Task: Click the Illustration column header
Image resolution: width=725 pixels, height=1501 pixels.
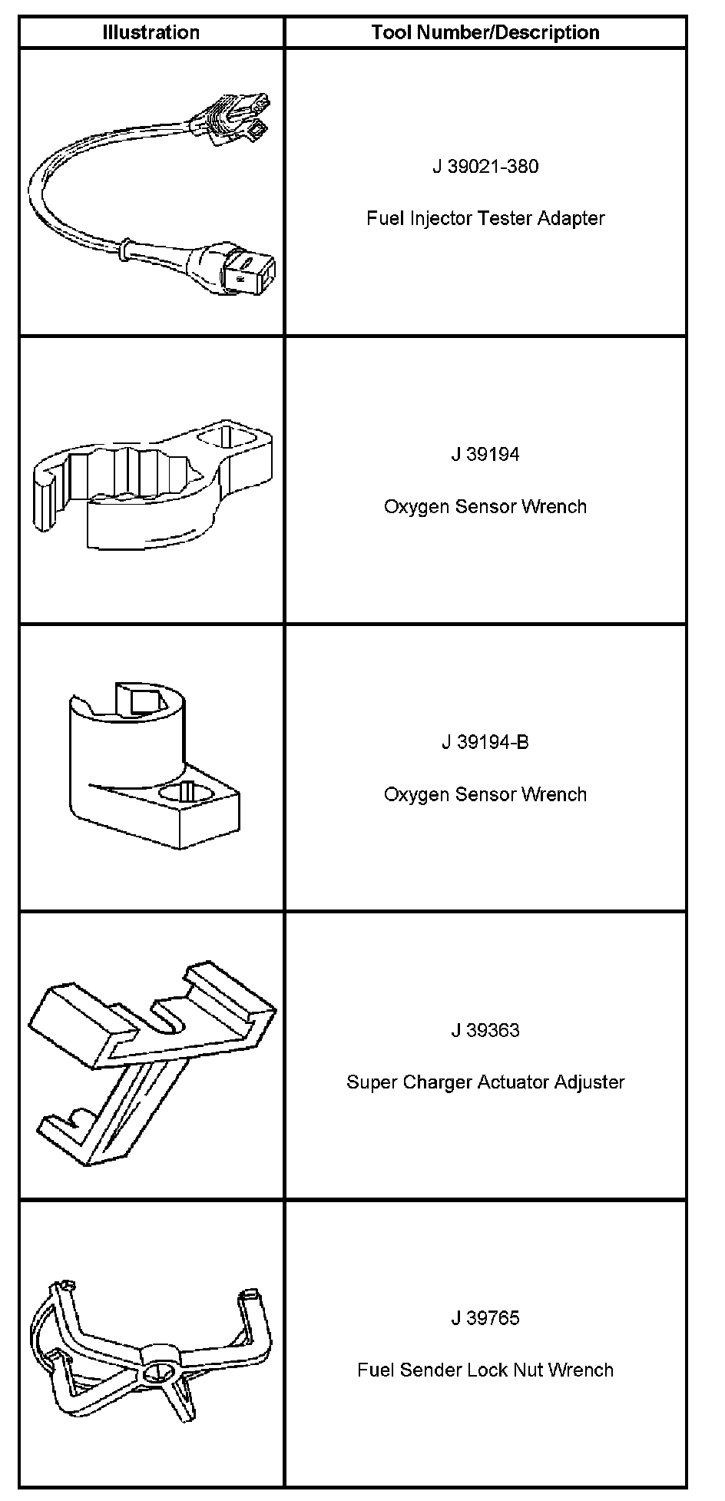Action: [x=151, y=32]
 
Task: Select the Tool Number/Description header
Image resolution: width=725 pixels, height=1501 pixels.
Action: [x=485, y=32]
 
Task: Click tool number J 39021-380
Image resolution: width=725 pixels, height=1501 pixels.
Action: [x=485, y=166]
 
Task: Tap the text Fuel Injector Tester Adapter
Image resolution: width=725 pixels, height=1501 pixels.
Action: [x=485, y=218]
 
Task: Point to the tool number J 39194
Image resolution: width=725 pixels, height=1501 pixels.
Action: [x=485, y=454]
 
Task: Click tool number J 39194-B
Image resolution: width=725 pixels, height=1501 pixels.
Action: [x=485, y=742]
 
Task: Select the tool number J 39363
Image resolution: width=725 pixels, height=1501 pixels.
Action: [x=485, y=1030]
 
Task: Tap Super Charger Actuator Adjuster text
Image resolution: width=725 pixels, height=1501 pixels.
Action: [x=485, y=1082]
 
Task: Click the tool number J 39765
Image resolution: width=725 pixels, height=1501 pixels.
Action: [x=485, y=1318]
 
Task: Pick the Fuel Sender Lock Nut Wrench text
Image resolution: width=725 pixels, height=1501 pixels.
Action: [x=485, y=1370]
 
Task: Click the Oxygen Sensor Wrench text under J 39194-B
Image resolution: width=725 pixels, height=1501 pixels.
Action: [x=485, y=794]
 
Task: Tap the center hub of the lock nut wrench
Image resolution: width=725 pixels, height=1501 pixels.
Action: [x=162, y=1369]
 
